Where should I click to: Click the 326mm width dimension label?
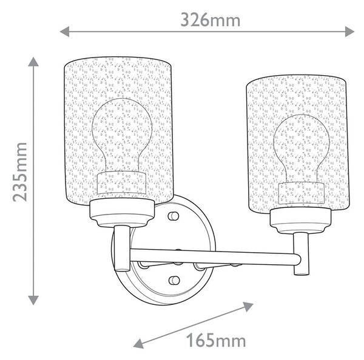pos(211,20)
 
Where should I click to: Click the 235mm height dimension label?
pos(20,172)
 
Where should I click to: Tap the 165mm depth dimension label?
pos(216,340)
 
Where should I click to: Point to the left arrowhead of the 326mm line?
pos(64,32)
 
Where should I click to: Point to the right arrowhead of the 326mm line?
pos(349,32)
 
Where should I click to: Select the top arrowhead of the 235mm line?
pos(33,62)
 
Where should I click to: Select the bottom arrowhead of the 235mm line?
pos(33,300)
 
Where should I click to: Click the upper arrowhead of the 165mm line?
pos(248,307)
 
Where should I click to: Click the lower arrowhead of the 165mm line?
pos(138,343)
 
